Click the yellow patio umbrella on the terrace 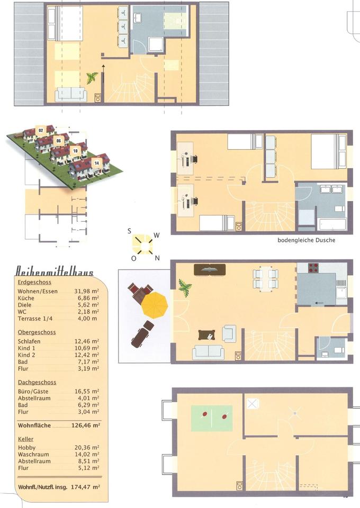(x=155, y=305)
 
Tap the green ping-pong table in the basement (x=212, y=418)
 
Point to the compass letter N (x=157, y=258)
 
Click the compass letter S (x=129, y=231)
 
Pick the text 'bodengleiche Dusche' (x=306, y=240)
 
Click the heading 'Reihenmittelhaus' (x=55, y=271)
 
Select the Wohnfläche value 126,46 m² (x=86, y=425)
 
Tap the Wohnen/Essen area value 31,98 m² (x=86, y=291)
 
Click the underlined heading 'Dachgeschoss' (x=37, y=382)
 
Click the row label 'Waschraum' (x=33, y=454)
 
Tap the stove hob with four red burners (x=313, y=268)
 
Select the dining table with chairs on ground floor (x=266, y=279)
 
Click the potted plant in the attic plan (x=92, y=78)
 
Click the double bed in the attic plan (x=65, y=24)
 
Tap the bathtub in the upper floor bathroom (x=333, y=224)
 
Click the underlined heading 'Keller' (x=25, y=439)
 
